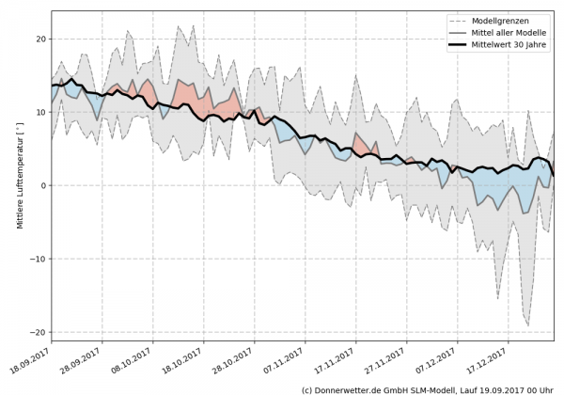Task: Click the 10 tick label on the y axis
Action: click(41, 112)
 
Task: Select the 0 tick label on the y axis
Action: click(44, 185)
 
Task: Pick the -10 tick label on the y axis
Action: click(39, 259)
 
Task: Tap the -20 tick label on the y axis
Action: click(39, 332)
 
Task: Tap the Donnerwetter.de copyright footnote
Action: click(429, 388)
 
